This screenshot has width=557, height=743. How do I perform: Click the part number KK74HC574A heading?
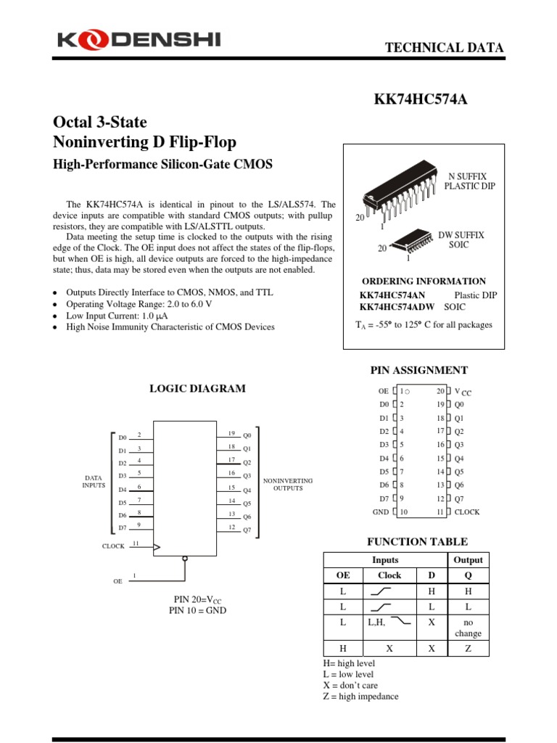[x=421, y=99]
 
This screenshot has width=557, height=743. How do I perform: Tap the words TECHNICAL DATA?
[x=444, y=48]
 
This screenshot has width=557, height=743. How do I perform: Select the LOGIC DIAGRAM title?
[x=197, y=388]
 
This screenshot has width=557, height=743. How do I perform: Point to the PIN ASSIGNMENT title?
[x=419, y=370]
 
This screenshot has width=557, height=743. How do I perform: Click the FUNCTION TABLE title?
[x=417, y=541]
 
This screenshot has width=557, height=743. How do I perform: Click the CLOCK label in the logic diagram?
[x=114, y=546]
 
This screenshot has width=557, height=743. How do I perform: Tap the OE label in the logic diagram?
[x=118, y=581]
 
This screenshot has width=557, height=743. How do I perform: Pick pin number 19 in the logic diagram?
[x=231, y=432]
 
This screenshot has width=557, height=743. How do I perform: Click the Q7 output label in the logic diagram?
[x=247, y=530]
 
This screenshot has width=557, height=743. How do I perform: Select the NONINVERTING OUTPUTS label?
[x=288, y=485]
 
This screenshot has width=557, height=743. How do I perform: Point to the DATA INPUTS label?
[x=94, y=481]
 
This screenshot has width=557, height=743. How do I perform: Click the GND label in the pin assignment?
[x=381, y=512]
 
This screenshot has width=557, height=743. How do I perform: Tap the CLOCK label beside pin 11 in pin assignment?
[x=467, y=512]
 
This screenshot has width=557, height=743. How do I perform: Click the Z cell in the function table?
[x=468, y=649]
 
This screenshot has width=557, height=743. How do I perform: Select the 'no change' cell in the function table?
[x=468, y=628]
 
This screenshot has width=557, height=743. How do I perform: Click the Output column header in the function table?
[x=468, y=560]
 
